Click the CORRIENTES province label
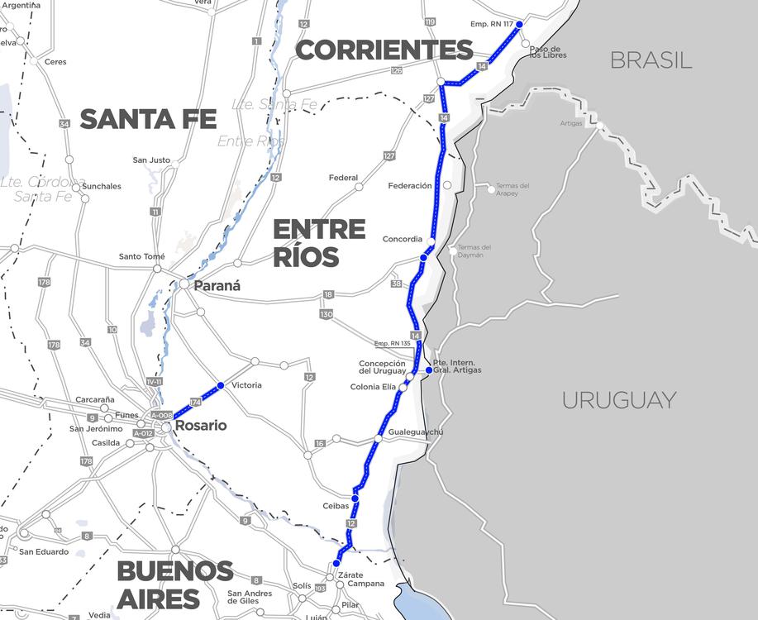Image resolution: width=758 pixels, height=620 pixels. (x=384, y=50)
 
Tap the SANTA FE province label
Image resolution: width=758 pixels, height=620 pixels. (x=148, y=119)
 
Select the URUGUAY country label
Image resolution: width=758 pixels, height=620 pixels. (x=619, y=400)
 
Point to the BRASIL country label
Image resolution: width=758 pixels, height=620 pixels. (x=651, y=60)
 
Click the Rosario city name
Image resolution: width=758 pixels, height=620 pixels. (x=201, y=426)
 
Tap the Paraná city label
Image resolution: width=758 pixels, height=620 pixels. (x=217, y=286)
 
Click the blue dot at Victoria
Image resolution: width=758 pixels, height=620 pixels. (x=220, y=385)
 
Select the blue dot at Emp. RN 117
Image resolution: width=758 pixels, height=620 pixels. (x=520, y=25)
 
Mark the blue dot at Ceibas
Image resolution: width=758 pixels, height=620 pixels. (x=355, y=498)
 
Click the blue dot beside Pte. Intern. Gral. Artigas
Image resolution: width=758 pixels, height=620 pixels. (x=428, y=370)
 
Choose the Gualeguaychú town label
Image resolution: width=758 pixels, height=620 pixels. (x=417, y=432)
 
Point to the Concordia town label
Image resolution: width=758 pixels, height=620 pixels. (x=403, y=239)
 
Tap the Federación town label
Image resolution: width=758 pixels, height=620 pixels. (x=410, y=186)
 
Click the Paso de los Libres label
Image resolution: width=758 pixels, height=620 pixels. (x=546, y=53)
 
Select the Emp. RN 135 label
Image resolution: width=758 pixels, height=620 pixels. (x=393, y=343)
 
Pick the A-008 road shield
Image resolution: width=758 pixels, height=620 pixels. (x=162, y=415)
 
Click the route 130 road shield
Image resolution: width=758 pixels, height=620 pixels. (x=327, y=314)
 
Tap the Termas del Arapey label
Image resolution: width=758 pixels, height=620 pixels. (x=512, y=189)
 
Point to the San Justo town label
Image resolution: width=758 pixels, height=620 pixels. (x=151, y=160)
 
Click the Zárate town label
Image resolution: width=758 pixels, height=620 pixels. (x=350, y=575)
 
